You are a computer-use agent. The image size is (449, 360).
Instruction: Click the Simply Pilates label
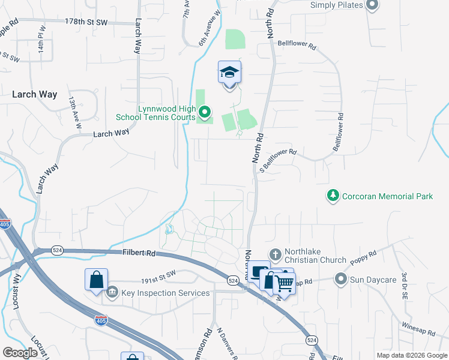[x=337, y=5]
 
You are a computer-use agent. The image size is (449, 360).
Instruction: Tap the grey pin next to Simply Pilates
[x=372, y=5]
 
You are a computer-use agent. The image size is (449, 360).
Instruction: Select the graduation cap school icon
[x=229, y=73]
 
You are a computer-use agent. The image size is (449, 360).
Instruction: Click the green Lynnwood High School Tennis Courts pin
[x=205, y=112]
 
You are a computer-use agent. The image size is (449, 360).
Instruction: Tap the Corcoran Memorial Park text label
[x=387, y=196]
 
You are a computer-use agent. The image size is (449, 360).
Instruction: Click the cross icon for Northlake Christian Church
[x=275, y=254]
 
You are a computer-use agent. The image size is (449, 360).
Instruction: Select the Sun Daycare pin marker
[x=341, y=279]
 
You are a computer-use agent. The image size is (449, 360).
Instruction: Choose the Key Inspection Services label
[x=166, y=293]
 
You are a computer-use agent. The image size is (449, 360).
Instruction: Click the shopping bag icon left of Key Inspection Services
[x=96, y=280]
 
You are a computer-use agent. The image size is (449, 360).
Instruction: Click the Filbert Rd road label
[x=139, y=254]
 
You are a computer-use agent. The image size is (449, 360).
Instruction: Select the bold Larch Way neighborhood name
[x=35, y=94]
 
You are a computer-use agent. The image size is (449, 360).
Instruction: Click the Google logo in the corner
[x=20, y=352]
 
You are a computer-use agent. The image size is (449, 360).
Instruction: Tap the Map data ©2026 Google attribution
[x=412, y=355]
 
